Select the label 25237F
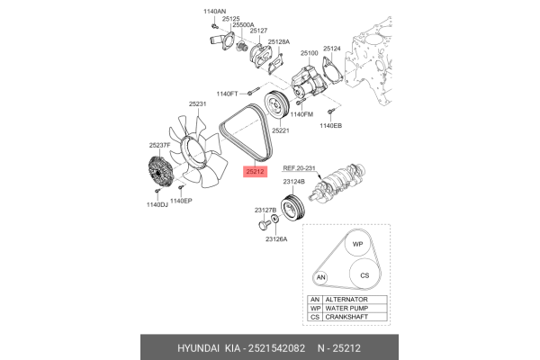click(160, 145)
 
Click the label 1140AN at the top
click(215, 10)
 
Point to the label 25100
click(310, 53)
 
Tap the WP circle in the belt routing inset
click(357, 245)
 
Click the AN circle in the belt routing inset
click(320, 278)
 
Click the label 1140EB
click(330, 126)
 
